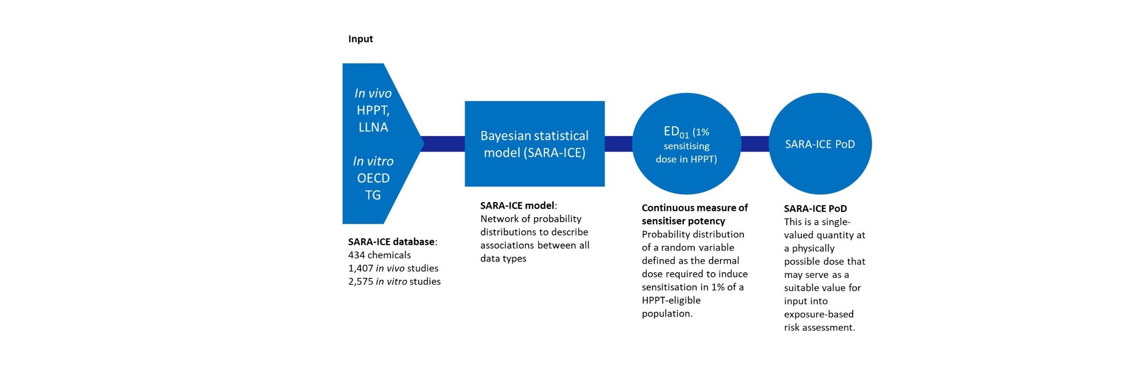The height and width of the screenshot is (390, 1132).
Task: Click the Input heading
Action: [360, 39]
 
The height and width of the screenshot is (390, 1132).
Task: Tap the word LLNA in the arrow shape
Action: [373, 127]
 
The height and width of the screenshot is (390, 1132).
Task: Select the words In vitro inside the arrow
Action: [373, 161]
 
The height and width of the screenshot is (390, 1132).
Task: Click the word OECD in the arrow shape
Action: [373, 178]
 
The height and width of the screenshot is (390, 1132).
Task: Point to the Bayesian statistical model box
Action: [534, 144]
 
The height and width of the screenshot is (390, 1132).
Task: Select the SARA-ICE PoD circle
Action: [820, 144]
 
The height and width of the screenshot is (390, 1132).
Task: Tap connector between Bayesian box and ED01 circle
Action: [618, 144]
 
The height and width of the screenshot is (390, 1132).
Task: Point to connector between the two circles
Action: [755, 144]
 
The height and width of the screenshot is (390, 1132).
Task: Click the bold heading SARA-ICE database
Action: [391, 242]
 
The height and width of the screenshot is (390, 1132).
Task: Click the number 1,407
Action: [360, 268]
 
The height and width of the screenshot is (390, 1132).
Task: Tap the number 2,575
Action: [360, 281]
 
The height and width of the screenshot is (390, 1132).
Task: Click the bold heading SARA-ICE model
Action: [517, 205]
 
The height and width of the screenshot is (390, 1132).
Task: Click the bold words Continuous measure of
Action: [694, 208]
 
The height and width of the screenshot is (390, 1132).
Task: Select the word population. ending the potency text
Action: [667, 313]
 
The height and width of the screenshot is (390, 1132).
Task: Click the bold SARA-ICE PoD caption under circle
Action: [815, 208]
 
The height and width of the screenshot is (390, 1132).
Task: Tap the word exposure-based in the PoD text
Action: [819, 314]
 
